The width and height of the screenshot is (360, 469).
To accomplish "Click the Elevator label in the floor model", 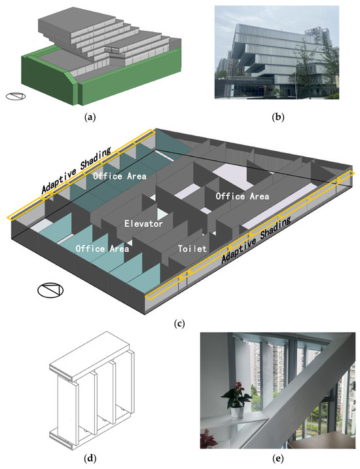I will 143,224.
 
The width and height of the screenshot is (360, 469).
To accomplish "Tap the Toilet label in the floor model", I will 192,250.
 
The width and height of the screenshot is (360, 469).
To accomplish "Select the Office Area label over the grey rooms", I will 242,196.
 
